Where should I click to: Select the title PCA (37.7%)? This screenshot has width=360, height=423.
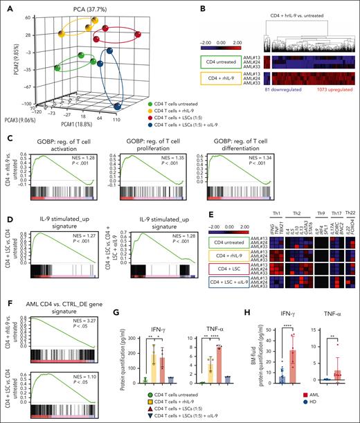click(x=74, y=6)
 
